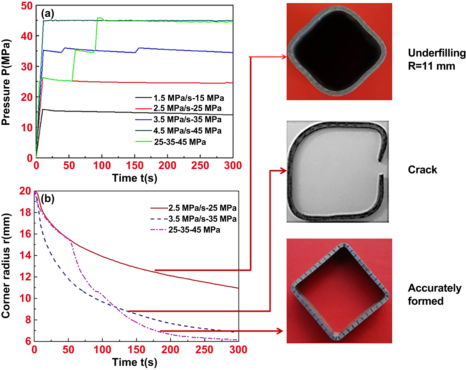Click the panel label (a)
(x=47, y=13)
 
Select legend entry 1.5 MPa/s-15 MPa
(x=188, y=98)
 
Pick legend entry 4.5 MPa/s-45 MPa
(x=187, y=131)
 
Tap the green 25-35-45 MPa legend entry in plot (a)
(x=180, y=142)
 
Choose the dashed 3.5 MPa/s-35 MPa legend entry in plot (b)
(x=202, y=219)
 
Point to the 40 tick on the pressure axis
(x=27, y=36)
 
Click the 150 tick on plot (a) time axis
(x=135, y=165)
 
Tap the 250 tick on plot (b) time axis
(x=204, y=350)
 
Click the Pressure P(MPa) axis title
(x=6, y=82)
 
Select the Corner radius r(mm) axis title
(x=6, y=265)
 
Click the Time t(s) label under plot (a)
(x=135, y=178)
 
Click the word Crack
(x=422, y=170)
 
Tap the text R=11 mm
(x=431, y=66)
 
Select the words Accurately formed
(x=434, y=294)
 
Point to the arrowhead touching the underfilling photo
(x=284, y=57)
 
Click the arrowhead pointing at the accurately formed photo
(x=280, y=331)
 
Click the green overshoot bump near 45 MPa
(x=100, y=18)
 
